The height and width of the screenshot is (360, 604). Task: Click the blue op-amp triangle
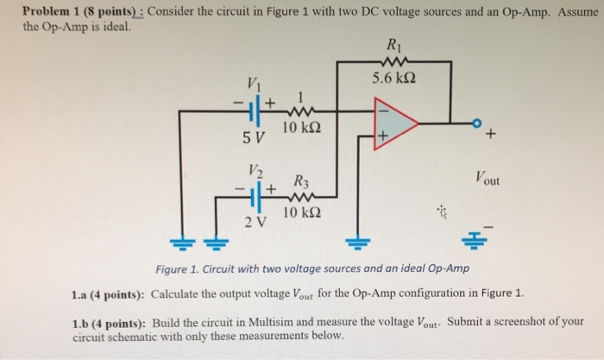click(393, 123)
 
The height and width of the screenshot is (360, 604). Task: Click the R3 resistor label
click(299, 182)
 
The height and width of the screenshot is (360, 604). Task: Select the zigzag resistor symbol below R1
click(397, 62)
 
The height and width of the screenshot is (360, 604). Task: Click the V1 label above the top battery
click(254, 84)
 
